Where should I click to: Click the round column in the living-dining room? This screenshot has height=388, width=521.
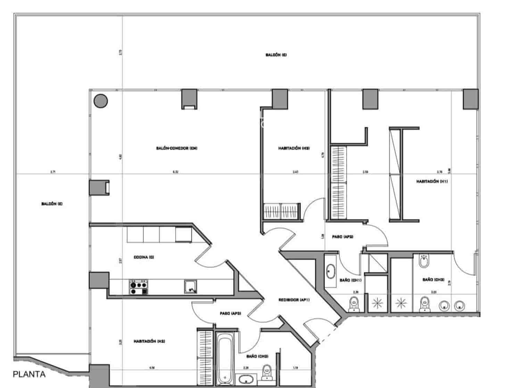(x=101, y=101)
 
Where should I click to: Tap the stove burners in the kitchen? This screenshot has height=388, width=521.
(x=138, y=288)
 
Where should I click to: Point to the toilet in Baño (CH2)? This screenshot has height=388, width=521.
(x=267, y=371)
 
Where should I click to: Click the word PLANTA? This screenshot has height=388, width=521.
(x=29, y=374)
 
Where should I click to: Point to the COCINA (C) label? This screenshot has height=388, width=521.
(x=144, y=257)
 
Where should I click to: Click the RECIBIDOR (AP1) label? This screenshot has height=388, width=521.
(x=294, y=300)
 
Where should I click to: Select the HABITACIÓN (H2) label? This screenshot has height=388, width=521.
(x=149, y=341)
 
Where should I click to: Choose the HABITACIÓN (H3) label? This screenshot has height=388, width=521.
(x=294, y=148)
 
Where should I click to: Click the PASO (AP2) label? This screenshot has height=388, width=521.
(x=342, y=236)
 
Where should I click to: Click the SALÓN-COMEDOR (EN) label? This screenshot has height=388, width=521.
(x=177, y=148)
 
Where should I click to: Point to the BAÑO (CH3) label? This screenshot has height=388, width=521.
(x=433, y=280)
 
